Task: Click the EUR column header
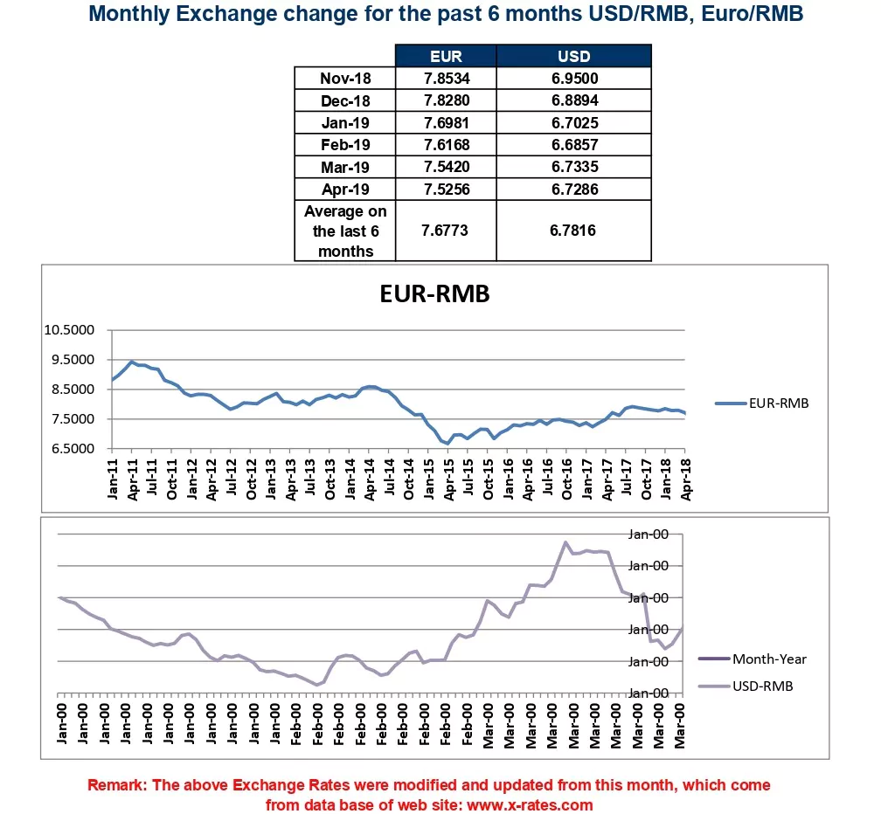coord(446,57)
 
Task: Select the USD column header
coord(573,57)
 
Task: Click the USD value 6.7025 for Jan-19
coord(573,123)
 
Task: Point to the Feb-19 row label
coord(344,145)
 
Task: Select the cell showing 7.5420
coord(446,167)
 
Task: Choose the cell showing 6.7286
coord(573,189)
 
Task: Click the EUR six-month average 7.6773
coord(446,231)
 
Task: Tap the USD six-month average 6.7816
coord(573,231)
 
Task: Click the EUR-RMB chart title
coord(434,294)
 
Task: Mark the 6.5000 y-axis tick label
coord(72,449)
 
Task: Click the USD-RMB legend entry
coord(762,686)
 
